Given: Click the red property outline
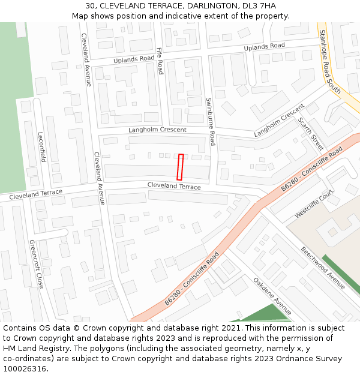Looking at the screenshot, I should [179, 167].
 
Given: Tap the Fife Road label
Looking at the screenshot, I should [160, 61].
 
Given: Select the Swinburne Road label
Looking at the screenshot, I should [210, 122].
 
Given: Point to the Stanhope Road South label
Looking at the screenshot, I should [329, 62].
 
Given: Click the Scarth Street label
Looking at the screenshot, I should [310, 134].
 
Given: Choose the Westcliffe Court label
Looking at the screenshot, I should [314, 204].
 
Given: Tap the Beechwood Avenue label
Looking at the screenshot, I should [323, 268].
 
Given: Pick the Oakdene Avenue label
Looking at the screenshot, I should [272, 296].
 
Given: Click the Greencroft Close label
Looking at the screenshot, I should [36, 264].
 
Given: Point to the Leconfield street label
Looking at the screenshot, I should [41, 147].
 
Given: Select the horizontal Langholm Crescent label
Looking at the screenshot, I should [157, 130].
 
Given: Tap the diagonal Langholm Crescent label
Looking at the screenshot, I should [279, 120].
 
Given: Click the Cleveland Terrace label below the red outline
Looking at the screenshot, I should [174, 187].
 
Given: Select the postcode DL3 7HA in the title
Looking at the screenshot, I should [259, 6].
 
